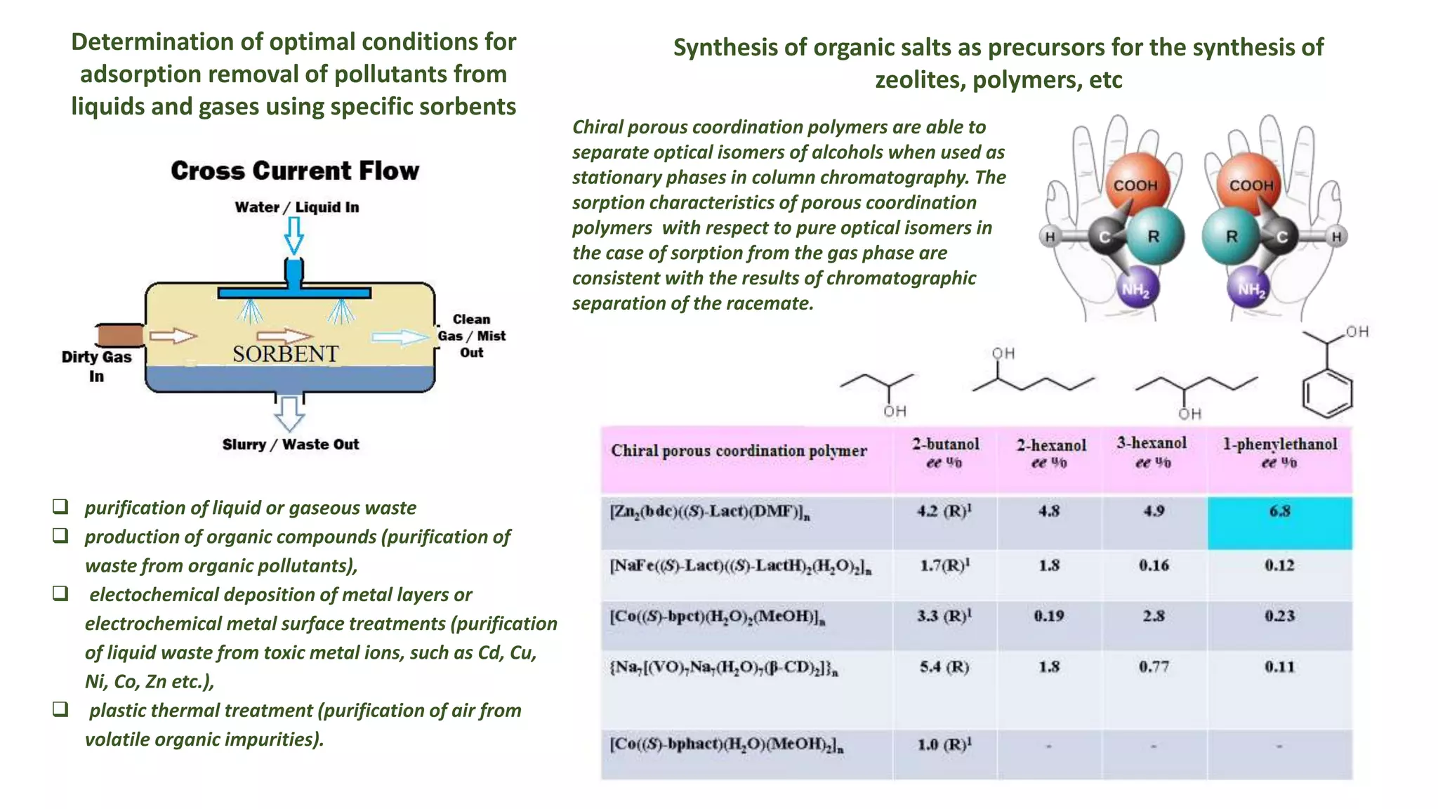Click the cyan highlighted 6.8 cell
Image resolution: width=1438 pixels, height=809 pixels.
click(1279, 522)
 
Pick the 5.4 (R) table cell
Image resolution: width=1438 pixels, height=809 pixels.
click(944, 667)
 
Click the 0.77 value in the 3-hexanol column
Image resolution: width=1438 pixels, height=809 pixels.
click(1154, 667)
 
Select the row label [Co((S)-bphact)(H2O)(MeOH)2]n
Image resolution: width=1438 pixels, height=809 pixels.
click(727, 745)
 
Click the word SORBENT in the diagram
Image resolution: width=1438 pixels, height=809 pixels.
click(286, 354)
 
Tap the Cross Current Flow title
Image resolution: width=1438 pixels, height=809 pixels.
click(295, 171)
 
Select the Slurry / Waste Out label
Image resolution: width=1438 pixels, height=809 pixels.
click(291, 445)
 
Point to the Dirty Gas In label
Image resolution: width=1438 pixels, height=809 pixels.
click(96, 367)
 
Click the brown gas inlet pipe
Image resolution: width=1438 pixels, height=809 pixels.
click(120, 336)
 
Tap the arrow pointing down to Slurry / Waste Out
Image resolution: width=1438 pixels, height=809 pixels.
click(289, 414)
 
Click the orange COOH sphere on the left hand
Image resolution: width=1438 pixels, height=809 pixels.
click(1136, 185)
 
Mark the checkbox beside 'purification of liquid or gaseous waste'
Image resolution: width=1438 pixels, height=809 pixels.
click(60, 506)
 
